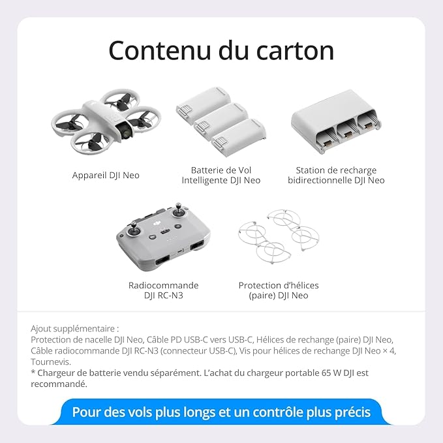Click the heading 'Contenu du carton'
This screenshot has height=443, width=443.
(221, 51)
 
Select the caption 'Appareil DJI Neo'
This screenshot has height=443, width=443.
(105, 176)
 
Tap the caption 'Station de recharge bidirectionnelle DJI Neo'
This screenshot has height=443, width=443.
(336, 176)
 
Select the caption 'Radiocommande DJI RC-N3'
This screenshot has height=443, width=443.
(163, 290)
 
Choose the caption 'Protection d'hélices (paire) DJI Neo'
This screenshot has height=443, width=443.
(279, 290)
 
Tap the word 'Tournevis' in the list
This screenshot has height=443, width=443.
(51, 362)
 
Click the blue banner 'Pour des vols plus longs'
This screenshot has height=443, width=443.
(221, 412)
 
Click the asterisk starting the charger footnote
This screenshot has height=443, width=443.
(33, 373)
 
